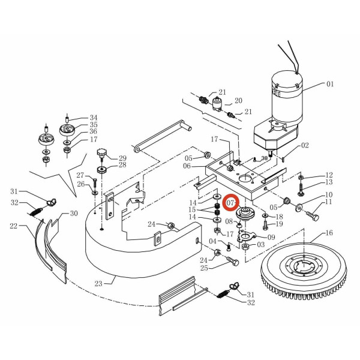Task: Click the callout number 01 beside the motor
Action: [329, 85]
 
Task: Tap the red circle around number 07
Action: [231, 205]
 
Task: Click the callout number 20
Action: [238, 101]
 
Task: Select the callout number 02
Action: [305, 145]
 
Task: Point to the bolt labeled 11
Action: [313, 212]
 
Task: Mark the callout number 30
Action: [74, 214]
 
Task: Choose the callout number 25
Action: [204, 268]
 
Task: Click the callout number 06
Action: [187, 166]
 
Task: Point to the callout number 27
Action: [80, 175]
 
